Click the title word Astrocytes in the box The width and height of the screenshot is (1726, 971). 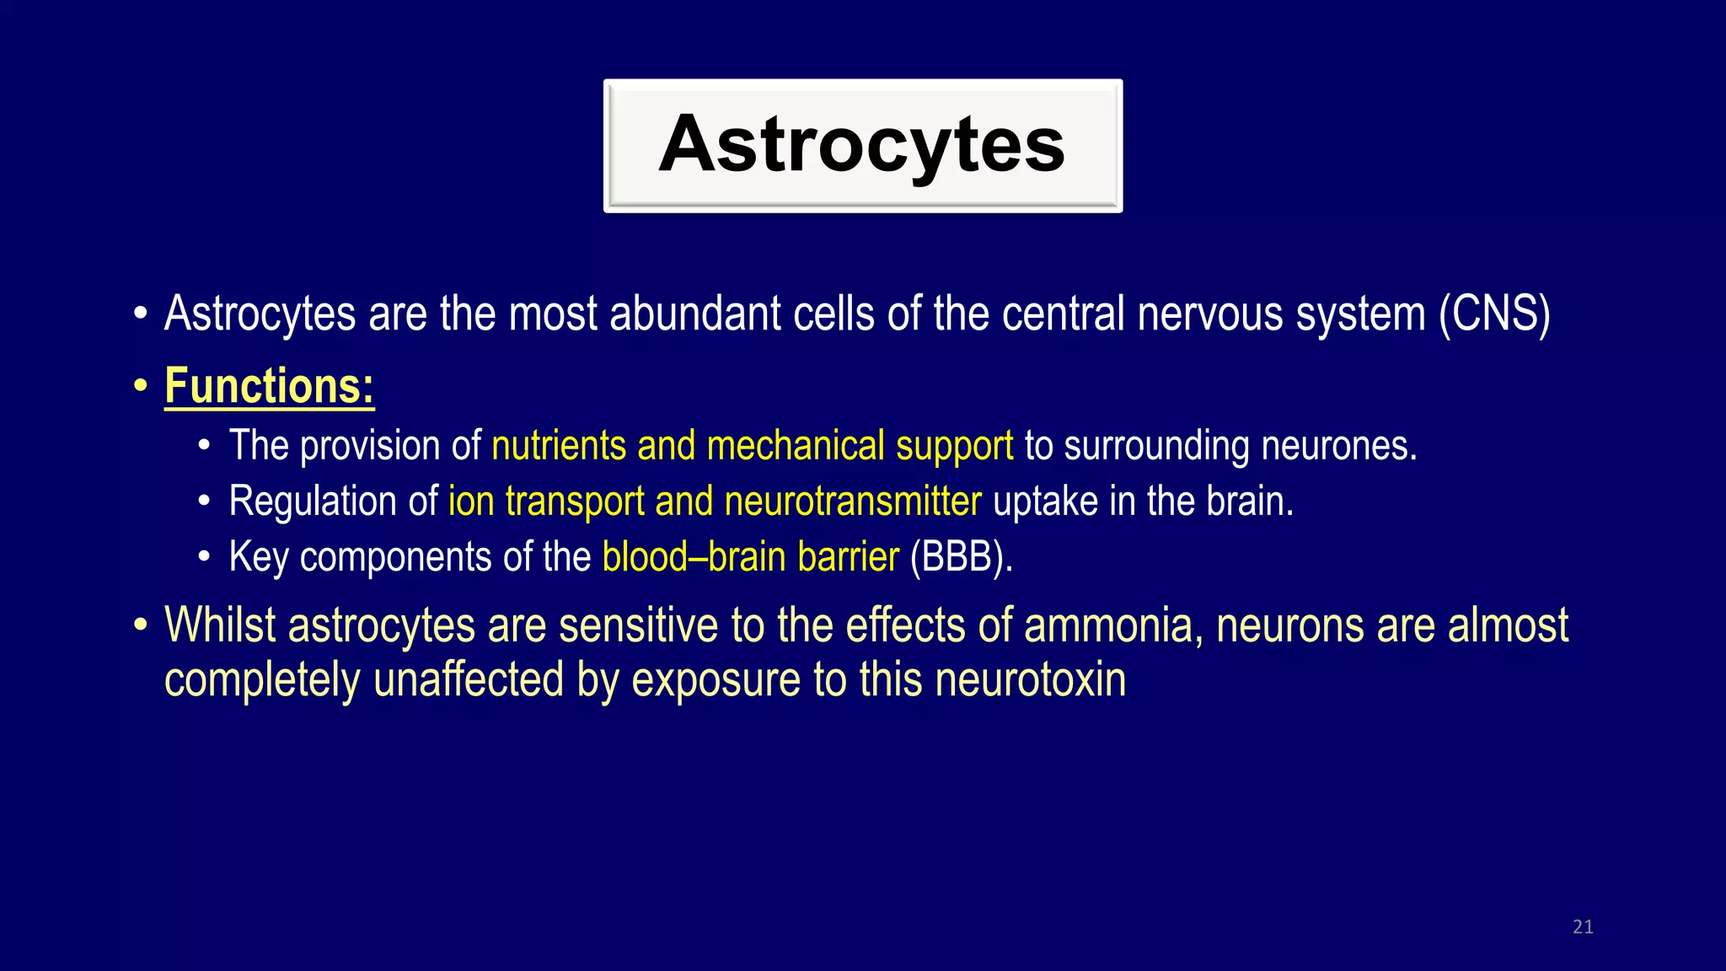click(861, 145)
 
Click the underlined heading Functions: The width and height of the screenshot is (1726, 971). click(269, 387)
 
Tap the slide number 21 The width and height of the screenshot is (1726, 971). click(1583, 927)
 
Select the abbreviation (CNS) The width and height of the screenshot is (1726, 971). click(1494, 314)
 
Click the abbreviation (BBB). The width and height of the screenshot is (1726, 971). click(960, 558)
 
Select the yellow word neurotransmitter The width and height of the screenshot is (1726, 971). click(852, 502)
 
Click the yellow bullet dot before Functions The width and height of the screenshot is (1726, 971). click(141, 388)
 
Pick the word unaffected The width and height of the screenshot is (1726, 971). click(468, 680)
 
